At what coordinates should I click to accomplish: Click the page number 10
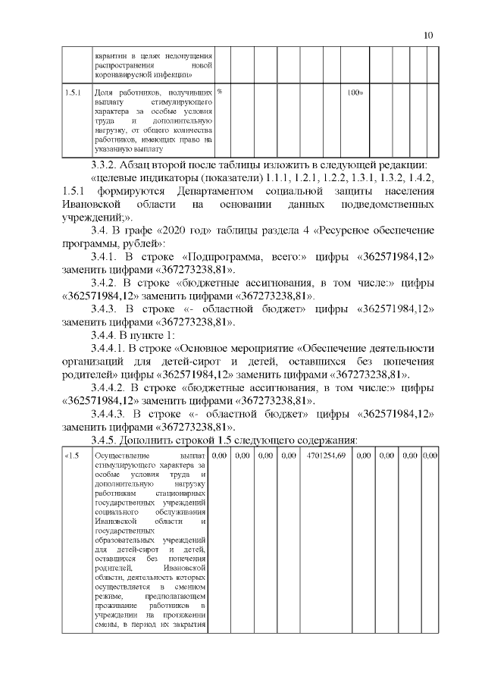click(428, 35)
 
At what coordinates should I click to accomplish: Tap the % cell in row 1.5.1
click(220, 92)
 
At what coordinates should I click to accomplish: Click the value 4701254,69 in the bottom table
click(326, 455)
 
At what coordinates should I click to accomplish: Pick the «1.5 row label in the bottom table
click(73, 455)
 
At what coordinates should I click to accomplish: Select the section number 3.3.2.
click(104, 164)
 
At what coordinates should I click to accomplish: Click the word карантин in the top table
click(109, 55)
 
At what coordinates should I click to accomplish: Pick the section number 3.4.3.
click(104, 309)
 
